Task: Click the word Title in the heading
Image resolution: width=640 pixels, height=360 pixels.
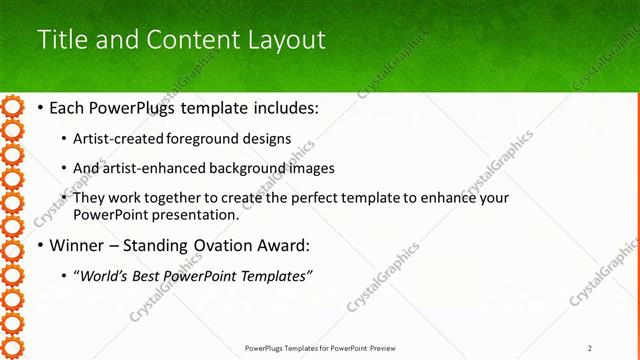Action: tap(61, 40)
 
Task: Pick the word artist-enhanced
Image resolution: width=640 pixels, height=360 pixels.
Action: tap(147, 168)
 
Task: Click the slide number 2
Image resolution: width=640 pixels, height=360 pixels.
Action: tap(590, 348)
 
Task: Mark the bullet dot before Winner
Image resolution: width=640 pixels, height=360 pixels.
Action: tap(39, 245)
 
